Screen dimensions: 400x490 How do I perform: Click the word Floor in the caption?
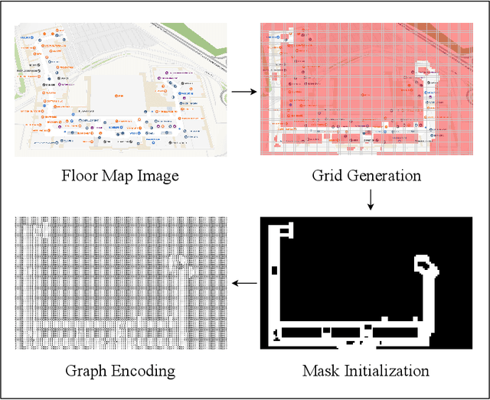[78, 177]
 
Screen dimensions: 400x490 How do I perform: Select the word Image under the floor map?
[157, 177]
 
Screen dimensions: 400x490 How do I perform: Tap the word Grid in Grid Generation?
[328, 177]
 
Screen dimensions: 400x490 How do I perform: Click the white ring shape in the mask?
[423, 266]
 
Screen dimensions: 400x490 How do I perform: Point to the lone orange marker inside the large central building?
[117, 95]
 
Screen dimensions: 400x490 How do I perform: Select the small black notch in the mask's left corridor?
[275, 269]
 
